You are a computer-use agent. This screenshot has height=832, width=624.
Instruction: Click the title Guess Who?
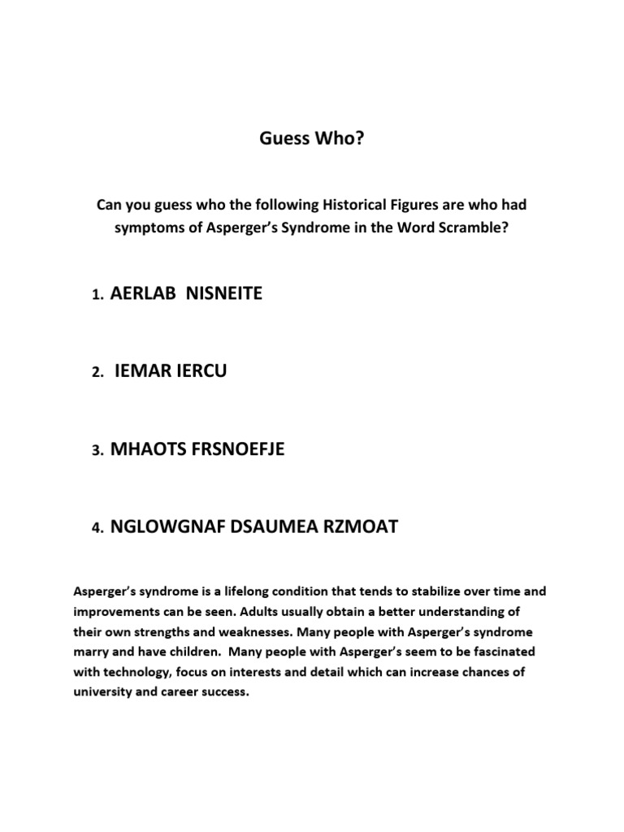pyautogui.click(x=312, y=139)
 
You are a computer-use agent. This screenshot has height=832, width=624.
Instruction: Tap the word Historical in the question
pyautogui.click(x=353, y=206)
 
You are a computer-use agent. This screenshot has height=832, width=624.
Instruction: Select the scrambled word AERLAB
pyautogui.click(x=143, y=294)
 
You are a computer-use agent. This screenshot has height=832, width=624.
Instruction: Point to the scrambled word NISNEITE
pyautogui.click(x=224, y=294)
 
